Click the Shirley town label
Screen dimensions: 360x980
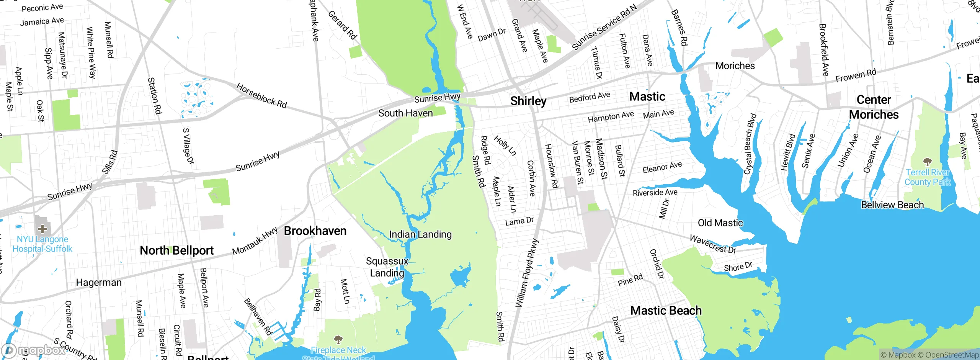click(x=528, y=101)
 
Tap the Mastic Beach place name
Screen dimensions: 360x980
click(x=666, y=311)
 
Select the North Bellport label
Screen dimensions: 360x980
click(x=176, y=250)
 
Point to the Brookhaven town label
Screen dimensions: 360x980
click(x=315, y=231)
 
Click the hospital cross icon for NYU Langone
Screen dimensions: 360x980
click(x=42, y=229)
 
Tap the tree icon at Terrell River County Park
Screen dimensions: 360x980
click(x=927, y=161)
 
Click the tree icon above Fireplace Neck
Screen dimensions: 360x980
click(x=338, y=339)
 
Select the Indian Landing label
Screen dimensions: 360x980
click(x=420, y=234)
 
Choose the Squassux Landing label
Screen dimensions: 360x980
click(x=387, y=267)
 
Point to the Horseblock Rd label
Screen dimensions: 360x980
click(x=261, y=96)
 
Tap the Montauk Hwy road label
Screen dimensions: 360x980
click(x=255, y=241)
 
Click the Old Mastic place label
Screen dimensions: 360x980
click(x=720, y=223)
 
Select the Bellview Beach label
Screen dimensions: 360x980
click(x=892, y=205)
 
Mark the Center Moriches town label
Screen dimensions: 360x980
click(x=874, y=107)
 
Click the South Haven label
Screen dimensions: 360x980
click(x=405, y=113)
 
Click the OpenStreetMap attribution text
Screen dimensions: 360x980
click(x=951, y=355)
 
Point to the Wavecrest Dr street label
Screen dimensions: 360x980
click(x=712, y=244)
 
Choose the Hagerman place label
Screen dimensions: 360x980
click(x=99, y=283)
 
